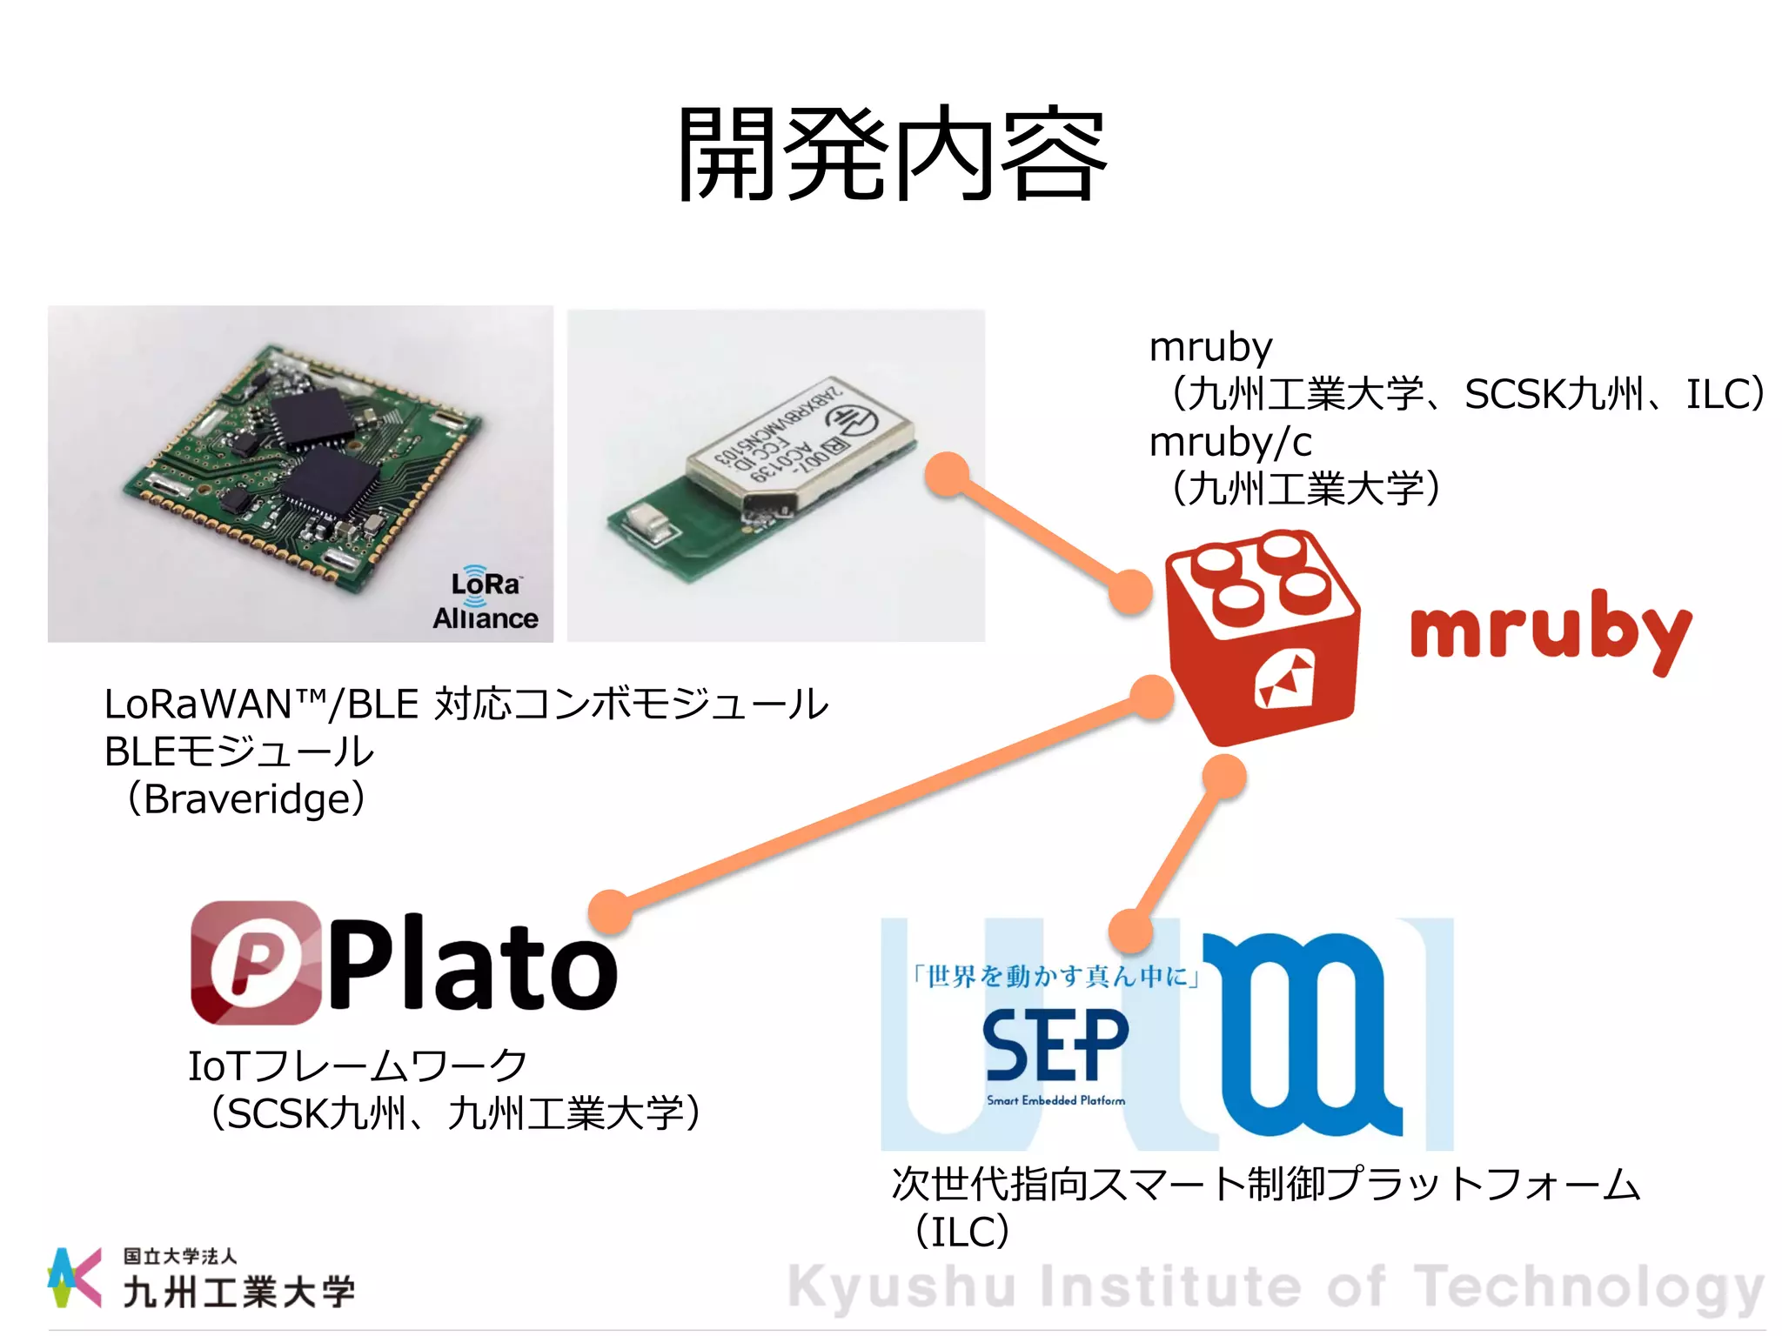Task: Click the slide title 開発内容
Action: (892, 154)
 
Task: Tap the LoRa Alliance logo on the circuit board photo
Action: (486, 599)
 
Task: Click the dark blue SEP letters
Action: (1055, 1046)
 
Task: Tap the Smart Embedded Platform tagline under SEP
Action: (1055, 1101)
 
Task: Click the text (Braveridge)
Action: (246, 798)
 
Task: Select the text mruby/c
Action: (1230, 442)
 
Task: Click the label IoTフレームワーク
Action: (358, 1066)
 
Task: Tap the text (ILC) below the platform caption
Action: (962, 1232)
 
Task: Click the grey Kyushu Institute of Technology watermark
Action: (1276, 1287)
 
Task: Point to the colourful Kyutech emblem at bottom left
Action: (73, 1277)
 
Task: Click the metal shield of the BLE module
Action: (801, 444)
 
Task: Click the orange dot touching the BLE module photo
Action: (948, 475)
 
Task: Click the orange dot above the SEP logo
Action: (1131, 931)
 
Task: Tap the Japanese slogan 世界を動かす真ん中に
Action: (1056, 977)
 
